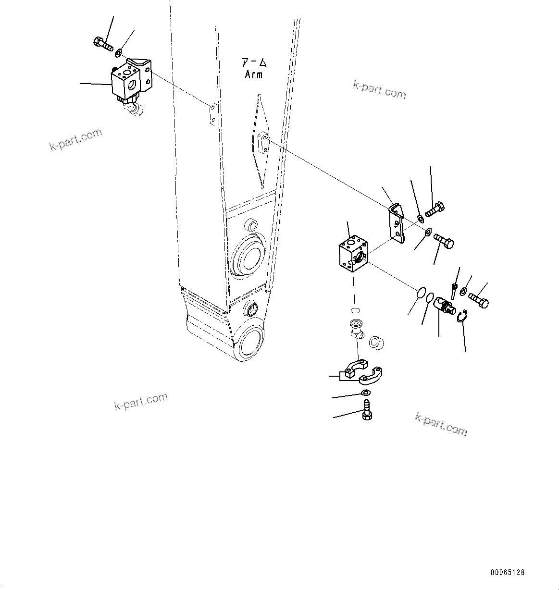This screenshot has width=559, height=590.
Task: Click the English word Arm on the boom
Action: [253, 74]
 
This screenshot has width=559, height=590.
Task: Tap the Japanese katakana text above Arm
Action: [254, 62]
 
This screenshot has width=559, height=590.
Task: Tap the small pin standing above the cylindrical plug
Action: [454, 290]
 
